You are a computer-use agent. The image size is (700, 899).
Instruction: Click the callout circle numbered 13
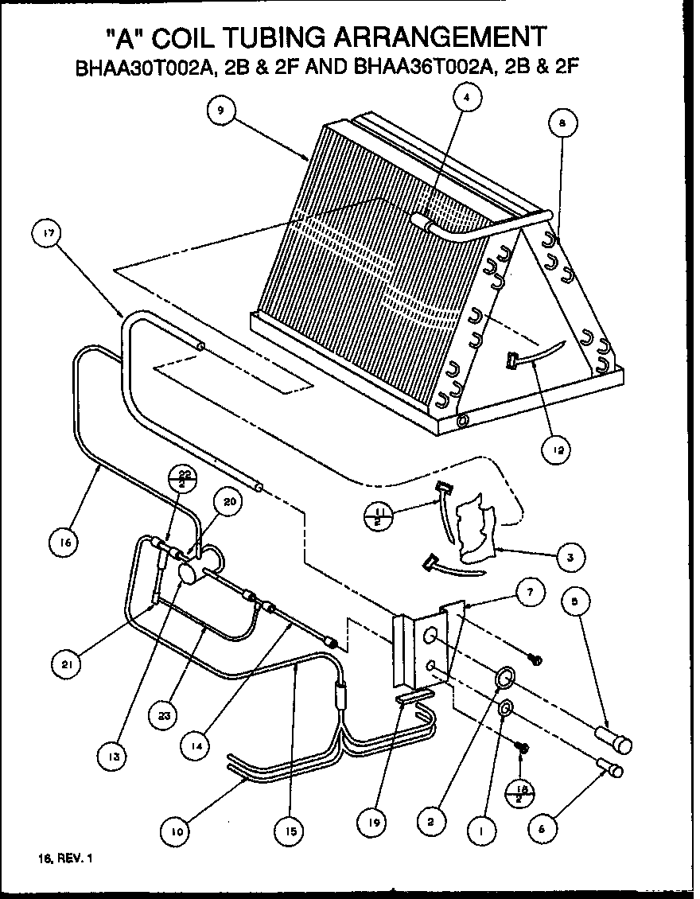pos(115,757)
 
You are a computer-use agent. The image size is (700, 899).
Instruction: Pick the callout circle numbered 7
pos(531,592)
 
